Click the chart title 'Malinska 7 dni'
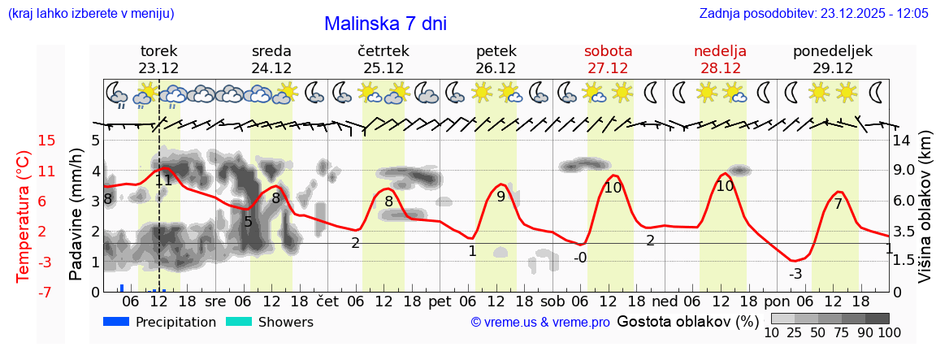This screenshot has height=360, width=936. pos(385,24)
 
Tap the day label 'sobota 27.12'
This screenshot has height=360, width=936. pos(608,59)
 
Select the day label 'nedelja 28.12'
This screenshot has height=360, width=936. pos(720,59)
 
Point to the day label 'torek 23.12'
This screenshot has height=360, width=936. pos(158,59)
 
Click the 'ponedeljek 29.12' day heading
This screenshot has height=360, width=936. pos(833,59)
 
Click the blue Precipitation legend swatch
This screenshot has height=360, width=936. pos(117,322)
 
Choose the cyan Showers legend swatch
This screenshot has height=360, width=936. pos(239,322)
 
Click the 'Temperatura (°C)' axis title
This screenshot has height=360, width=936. pos(24,216)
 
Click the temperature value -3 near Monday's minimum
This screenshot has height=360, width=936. pos(795,274)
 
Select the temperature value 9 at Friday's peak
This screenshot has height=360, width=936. pos(500,196)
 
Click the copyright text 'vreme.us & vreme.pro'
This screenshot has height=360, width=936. pos(540,323)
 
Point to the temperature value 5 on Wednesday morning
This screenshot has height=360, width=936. pos(248,221)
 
